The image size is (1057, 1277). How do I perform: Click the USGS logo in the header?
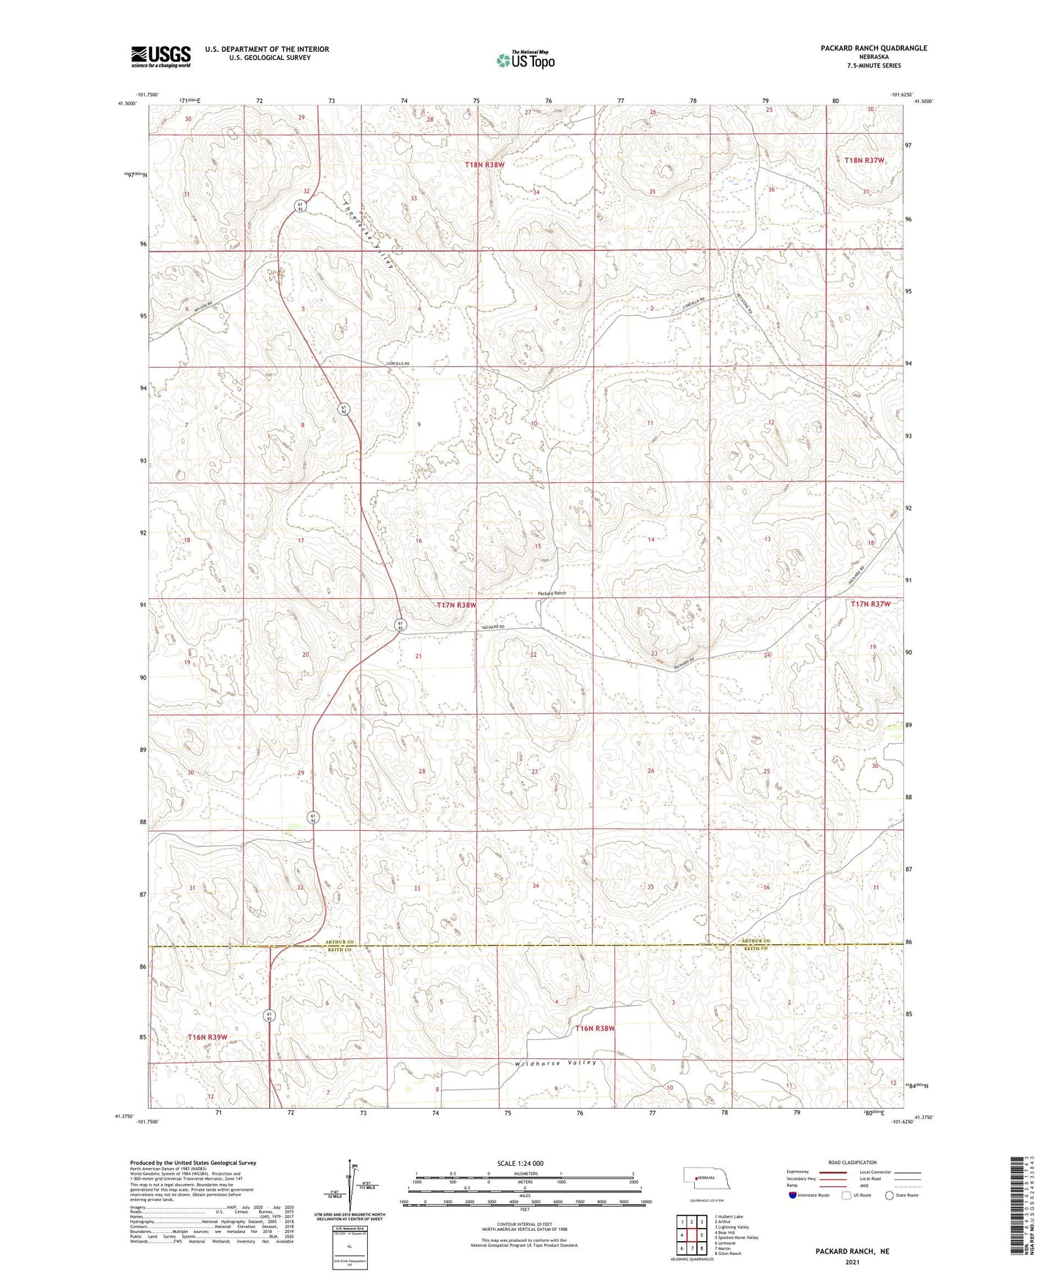click(160, 56)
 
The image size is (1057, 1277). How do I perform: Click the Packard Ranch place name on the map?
click(552, 593)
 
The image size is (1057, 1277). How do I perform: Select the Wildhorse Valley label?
click(556, 1063)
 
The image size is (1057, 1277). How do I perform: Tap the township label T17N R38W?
click(456, 605)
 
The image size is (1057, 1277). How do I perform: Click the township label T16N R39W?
click(207, 1037)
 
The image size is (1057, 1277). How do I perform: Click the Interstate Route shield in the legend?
click(793, 1195)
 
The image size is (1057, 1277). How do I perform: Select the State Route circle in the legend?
click(889, 1195)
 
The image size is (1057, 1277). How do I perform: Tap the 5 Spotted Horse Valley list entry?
click(736, 1238)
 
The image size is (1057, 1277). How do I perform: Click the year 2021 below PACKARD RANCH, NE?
click(852, 1262)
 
